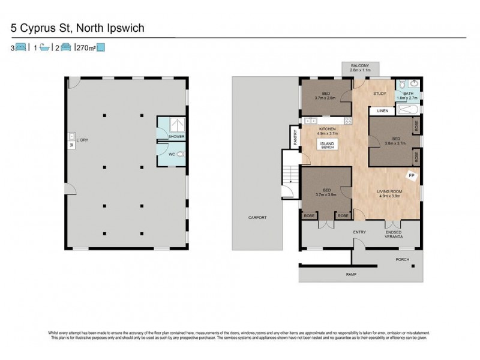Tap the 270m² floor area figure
coord(85,47)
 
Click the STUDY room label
coord(379,94)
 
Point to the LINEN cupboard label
coord(383,111)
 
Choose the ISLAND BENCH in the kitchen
coord(327,145)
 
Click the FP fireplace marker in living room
coord(412,176)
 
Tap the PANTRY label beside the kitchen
coord(295,139)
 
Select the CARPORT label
coord(257,217)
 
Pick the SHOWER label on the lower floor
coord(176,137)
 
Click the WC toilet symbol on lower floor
coord(181,154)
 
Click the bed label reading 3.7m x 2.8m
coord(326,95)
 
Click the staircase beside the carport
coord(290,173)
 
